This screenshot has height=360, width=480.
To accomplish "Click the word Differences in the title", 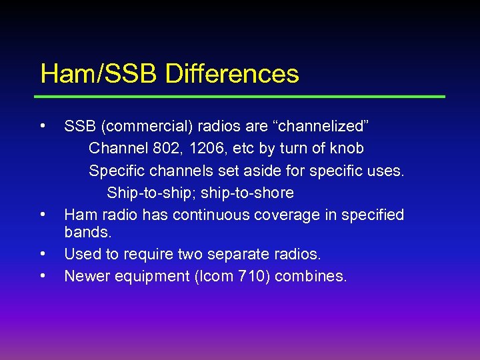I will (x=231, y=73).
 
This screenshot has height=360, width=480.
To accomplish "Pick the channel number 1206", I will (x=209, y=149).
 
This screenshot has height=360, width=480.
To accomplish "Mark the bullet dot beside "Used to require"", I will (x=43, y=253).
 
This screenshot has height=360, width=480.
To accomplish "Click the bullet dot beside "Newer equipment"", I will (x=43, y=275).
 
